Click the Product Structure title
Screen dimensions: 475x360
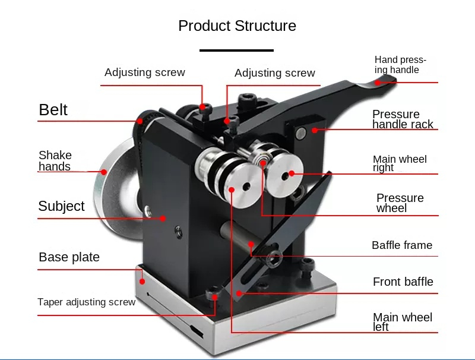point(237,26)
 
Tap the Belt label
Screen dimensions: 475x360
point(53,109)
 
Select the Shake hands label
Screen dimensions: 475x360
point(55,161)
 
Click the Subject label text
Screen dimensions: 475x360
point(61,206)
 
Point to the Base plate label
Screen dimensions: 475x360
point(69,257)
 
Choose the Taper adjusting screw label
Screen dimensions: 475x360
point(86,302)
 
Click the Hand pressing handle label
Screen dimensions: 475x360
point(400,65)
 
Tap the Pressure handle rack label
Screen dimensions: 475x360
point(403,119)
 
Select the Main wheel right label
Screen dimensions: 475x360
point(400,163)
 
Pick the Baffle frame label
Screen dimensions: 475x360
point(402,245)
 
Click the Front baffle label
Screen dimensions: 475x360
point(403,282)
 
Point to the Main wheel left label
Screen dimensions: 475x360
point(403,322)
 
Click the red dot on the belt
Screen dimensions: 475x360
point(140,121)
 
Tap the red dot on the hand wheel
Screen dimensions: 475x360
point(104,172)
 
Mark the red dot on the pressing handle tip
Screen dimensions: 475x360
point(378,83)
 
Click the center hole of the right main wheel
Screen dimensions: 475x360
point(285,176)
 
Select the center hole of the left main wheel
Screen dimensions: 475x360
point(246,187)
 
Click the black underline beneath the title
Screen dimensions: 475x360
point(236,50)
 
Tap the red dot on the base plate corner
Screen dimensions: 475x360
point(142,282)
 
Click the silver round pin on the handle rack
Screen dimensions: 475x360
point(301,132)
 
